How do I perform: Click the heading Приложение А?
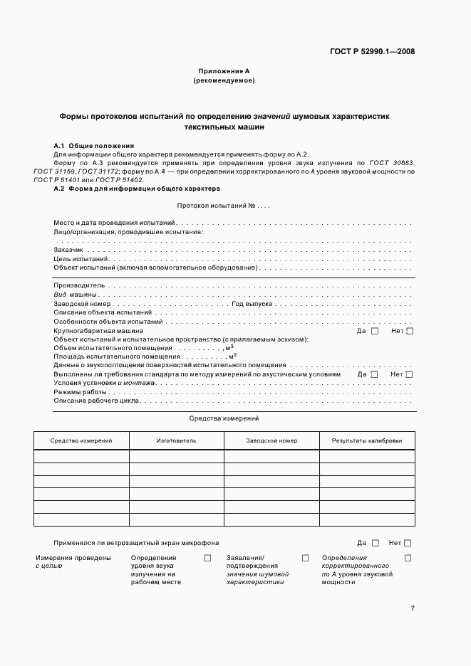(224, 71)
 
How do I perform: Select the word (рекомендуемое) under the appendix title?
(224, 81)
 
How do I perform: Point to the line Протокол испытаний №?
(222, 206)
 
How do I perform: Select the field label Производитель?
(74, 285)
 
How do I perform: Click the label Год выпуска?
(252, 303)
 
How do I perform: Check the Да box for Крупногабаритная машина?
(375, 331)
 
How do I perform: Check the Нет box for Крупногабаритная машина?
(410, 331)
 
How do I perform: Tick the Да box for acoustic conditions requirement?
(375, 374)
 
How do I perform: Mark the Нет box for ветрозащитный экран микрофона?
(408, 542)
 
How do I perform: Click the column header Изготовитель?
(176, 441)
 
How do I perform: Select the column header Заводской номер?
(271, 441)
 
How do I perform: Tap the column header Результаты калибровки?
(366, 441)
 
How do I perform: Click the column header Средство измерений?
(81, 441)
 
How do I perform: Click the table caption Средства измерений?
(224, 419)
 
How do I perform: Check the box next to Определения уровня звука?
(208, 558)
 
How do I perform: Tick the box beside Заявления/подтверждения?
(305, 558)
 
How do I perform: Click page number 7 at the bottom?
(413, 608)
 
